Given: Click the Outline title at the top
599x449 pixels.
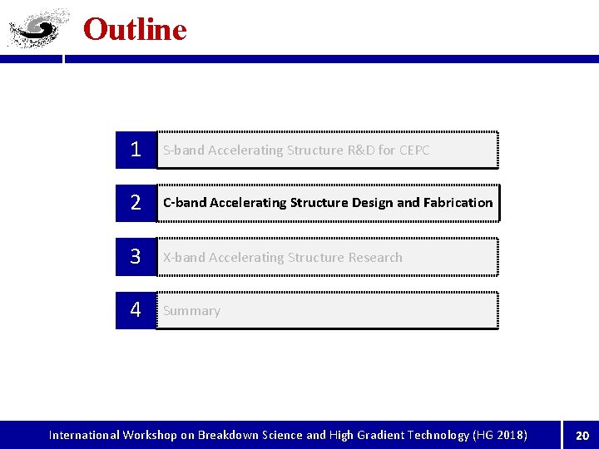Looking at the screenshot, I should [135, 30].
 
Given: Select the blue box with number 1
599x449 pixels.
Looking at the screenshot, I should [135, 150].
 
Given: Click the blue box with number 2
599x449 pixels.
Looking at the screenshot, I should [135, 203].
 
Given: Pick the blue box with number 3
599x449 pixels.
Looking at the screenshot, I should [135, 257].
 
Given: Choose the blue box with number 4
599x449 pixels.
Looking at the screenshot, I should [135, 310].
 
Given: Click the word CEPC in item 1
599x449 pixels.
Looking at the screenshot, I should [414, 150].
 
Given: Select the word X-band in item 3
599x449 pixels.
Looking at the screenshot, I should [184, 258].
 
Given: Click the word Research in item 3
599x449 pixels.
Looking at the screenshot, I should [374, 258].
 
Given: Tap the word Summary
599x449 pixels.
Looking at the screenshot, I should [191, 311].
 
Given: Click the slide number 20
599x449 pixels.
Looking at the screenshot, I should [582, 435].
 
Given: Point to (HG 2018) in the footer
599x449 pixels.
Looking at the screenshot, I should [499, 435].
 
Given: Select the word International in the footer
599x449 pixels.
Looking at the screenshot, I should [84, 435].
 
